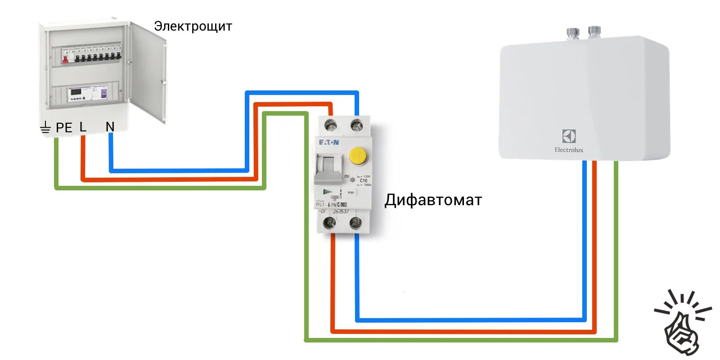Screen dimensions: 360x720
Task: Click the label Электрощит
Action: click(x=193, y=26)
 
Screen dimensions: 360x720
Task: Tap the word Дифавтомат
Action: click(x=433, y=200)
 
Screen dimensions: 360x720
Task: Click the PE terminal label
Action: click(x=64, y=128)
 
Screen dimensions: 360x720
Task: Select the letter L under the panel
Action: click(x=83, y=127)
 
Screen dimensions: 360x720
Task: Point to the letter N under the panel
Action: click(x=110, y=127)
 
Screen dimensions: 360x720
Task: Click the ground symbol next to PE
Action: click(x=45, y=128)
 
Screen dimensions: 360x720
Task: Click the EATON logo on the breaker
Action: click(x=329, y=142)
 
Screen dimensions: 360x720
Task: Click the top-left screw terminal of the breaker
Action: click(x=331, y=125)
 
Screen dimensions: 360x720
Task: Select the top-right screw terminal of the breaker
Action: click(x=357, y=125)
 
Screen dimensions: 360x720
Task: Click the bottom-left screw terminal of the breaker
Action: click(x=330, y=222)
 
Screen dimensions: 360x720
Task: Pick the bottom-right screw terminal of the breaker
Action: click(x=356, y=222)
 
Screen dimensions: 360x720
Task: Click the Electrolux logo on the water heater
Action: click(x=569, y=141)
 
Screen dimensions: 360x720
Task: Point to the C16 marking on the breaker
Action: click(x=363, y=180)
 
